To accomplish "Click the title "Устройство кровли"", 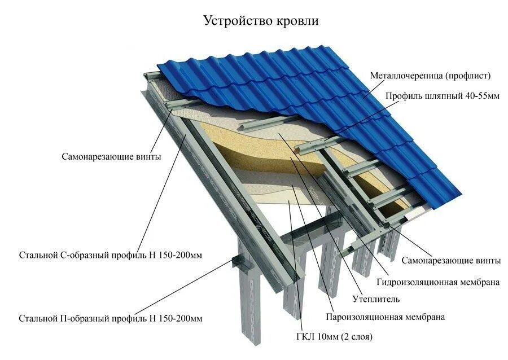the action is click(261, 21).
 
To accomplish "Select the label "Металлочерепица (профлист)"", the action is click(430, 76).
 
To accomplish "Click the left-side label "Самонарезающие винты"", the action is click(111, 157).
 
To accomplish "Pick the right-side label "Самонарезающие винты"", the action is click(450, 261).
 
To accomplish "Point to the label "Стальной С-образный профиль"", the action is click(110, 256).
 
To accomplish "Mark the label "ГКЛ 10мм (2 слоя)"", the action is click(335, 337).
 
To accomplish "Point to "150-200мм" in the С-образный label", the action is click(183, 256).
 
